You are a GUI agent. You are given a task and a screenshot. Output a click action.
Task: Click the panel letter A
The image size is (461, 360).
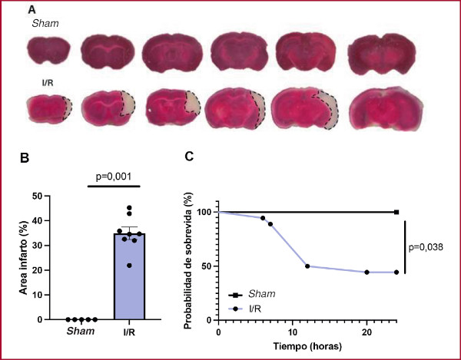[x=32, y=9]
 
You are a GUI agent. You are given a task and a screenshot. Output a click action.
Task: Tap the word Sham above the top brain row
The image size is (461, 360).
[x=45, y=25]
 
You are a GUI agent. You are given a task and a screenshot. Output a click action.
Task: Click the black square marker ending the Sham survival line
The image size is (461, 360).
[x=396, y=212]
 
